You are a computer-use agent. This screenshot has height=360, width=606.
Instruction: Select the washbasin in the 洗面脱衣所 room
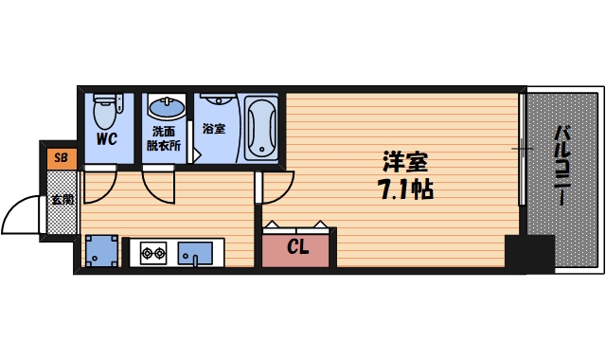(x=168, y=106)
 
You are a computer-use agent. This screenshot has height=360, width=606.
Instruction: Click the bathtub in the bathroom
(x=260, y=126)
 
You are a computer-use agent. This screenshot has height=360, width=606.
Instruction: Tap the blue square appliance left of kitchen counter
(x=100, y=250)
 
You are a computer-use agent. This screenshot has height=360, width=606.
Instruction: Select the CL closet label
(x=297, y=249)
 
